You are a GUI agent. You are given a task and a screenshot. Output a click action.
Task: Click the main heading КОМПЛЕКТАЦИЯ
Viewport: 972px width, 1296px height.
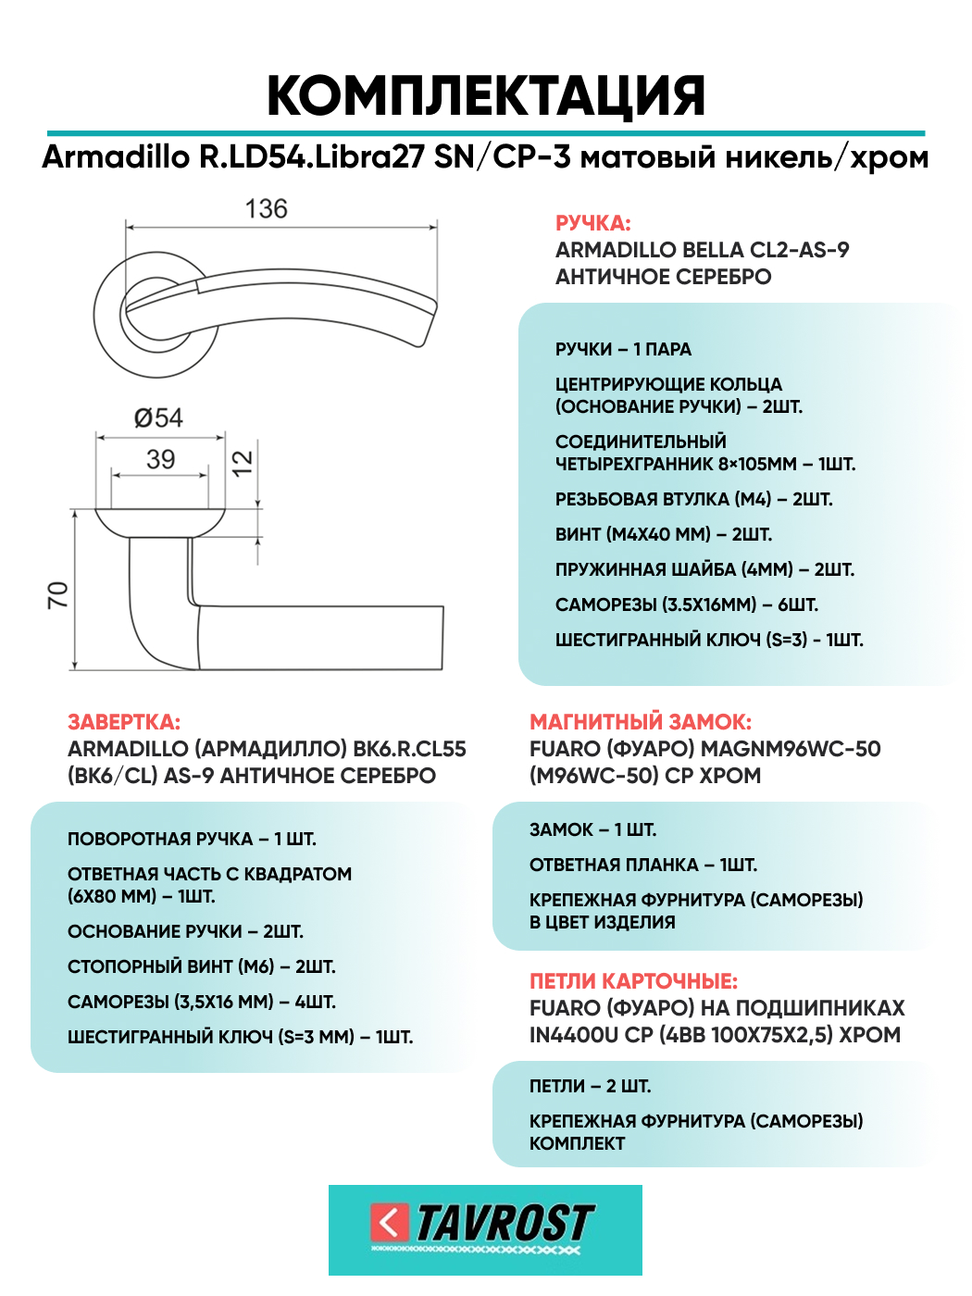(x=486, y=95)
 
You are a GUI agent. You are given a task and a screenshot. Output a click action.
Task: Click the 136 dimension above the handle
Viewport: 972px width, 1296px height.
(x=266, y=209)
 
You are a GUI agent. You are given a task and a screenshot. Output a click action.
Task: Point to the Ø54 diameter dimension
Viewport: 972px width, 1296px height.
(x=158, y=418)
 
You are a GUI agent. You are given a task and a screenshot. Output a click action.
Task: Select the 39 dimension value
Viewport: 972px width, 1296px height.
(x=160, y=459)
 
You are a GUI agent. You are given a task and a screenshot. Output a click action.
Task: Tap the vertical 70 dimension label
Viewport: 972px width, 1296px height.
(x=58, y=595)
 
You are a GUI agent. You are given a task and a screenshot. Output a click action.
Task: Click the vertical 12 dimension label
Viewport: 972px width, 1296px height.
(x=242, y=463)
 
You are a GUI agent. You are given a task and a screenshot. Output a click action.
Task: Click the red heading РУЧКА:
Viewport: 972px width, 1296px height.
(x=592, y=223)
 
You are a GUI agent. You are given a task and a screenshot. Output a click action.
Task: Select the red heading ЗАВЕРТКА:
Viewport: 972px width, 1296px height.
(x=124, y=722)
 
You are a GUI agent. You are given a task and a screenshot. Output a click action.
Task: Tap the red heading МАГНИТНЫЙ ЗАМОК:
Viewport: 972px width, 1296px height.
(x=641, y=722)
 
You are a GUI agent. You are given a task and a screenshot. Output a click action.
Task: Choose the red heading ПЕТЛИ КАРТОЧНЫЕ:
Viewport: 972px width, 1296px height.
(x=633, y=981)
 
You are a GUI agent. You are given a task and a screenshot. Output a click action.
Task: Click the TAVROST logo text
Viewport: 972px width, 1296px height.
(x=504, y=1224)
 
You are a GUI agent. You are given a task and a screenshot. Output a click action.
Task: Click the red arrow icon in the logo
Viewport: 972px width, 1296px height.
(x=389, y=1223)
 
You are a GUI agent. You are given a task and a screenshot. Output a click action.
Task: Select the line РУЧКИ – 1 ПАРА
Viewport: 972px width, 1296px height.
(x=623, y=349)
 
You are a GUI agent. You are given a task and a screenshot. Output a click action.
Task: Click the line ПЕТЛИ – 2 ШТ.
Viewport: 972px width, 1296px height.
(x=590, y=1086)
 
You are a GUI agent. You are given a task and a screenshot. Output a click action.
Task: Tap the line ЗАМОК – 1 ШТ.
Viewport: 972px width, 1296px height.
(x=592, y=829)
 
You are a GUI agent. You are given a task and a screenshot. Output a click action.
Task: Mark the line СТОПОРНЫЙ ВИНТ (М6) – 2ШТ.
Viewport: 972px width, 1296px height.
(x=201, y=966)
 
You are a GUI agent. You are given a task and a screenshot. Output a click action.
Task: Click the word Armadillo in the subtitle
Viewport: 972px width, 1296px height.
(x=115, y=157)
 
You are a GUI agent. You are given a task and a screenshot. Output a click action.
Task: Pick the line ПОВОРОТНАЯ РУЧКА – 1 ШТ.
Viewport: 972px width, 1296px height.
(x=192, y=839)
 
